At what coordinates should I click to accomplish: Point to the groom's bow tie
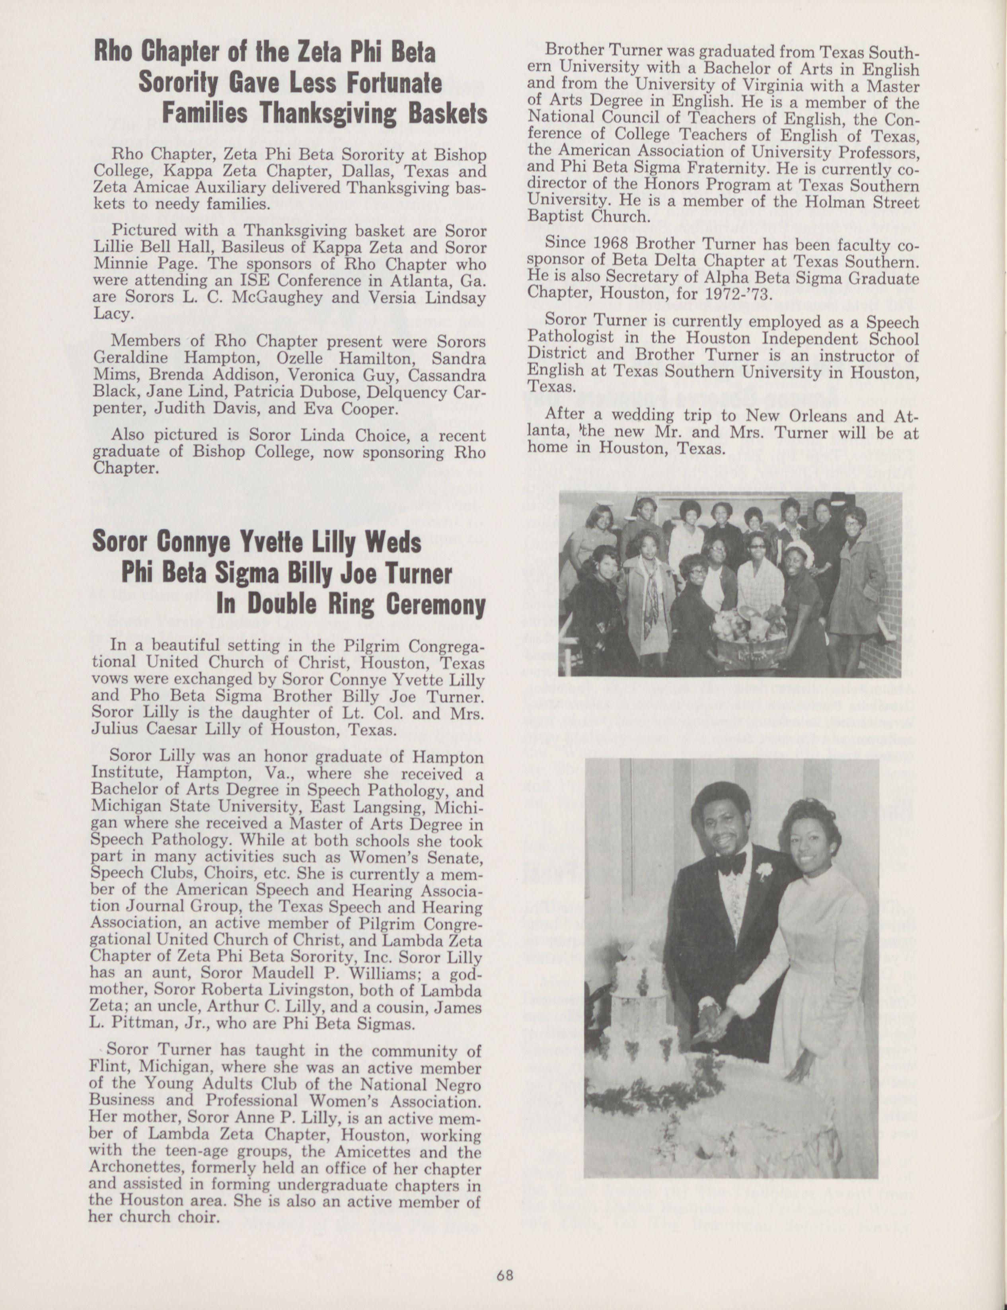pos(730,863)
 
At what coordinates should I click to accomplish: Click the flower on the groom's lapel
pos(763,871)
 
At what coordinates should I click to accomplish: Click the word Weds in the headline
pos(393,543)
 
